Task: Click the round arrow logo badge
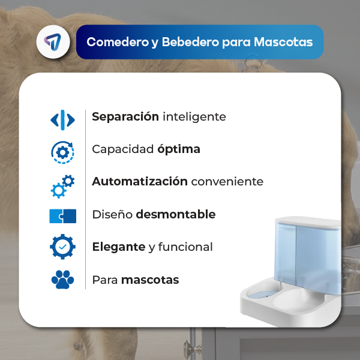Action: click(x=53, y=42)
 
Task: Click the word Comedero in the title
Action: click(x=118, y=42)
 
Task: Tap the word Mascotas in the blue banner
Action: click(x=283, y=42)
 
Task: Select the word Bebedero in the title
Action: click(x=190, y=42)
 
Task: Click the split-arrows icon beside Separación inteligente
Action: click(x=62, y=120)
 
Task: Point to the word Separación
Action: click(x=125, y=117)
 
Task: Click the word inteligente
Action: click(x=194, y=117)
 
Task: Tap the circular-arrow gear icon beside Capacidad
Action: click(x=62, y=152)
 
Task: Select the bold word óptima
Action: click(x=179, y=149)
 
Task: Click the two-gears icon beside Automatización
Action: click(x=62, y=186)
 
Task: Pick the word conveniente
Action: click(x=227, y=182)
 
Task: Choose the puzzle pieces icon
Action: click(x=62, y=216)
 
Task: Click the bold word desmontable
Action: click(x=176, y=214)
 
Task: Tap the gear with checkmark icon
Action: click(x=62, y=247)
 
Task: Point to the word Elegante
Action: click(x=119, y=247)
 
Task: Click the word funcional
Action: click(x=185, y=247)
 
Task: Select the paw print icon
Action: click(x=62, y=280)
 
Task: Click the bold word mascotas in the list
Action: click(x=150, y=280)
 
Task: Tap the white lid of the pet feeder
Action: click(x=308, y=222)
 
